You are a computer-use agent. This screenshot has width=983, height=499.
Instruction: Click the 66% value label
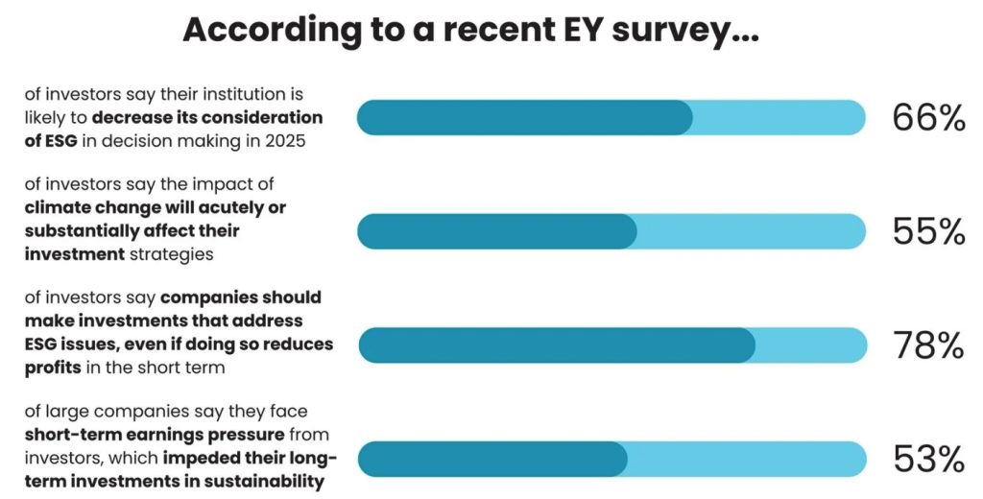tap(927, 118)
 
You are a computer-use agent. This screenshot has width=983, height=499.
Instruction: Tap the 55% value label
tap(927, 231)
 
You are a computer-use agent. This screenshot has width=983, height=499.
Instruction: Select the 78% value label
tap(927, 345)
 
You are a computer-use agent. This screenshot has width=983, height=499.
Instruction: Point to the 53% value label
tap(927, 459)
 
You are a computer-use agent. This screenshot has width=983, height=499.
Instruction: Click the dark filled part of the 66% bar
tap(523, 118)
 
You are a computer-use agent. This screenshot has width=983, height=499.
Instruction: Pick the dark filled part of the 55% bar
tap(496, 231)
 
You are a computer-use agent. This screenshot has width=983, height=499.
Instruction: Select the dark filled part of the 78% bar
tap(557, 345)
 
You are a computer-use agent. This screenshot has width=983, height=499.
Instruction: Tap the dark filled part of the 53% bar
tap(492, 459)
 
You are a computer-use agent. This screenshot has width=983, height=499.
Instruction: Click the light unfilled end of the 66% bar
tap(778, 118)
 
